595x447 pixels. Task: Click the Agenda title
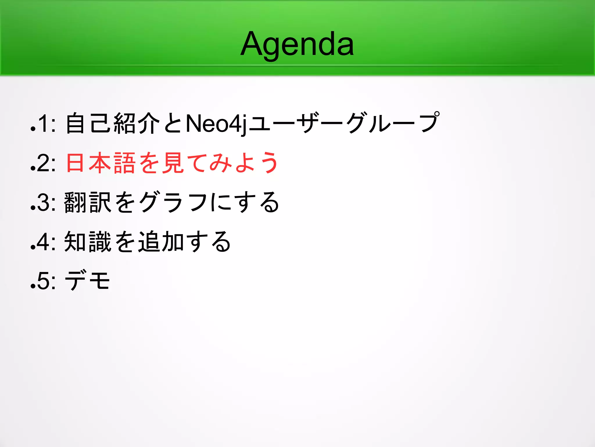[297, 44]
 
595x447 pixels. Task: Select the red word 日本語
[101, 163]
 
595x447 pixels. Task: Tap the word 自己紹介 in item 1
[113, 123]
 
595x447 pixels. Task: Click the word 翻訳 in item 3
[88, 202]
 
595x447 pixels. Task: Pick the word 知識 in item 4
[88, 242]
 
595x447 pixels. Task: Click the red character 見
[173, 163]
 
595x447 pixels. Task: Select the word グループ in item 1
[393, 123]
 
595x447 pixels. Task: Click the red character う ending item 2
[269, 163]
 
